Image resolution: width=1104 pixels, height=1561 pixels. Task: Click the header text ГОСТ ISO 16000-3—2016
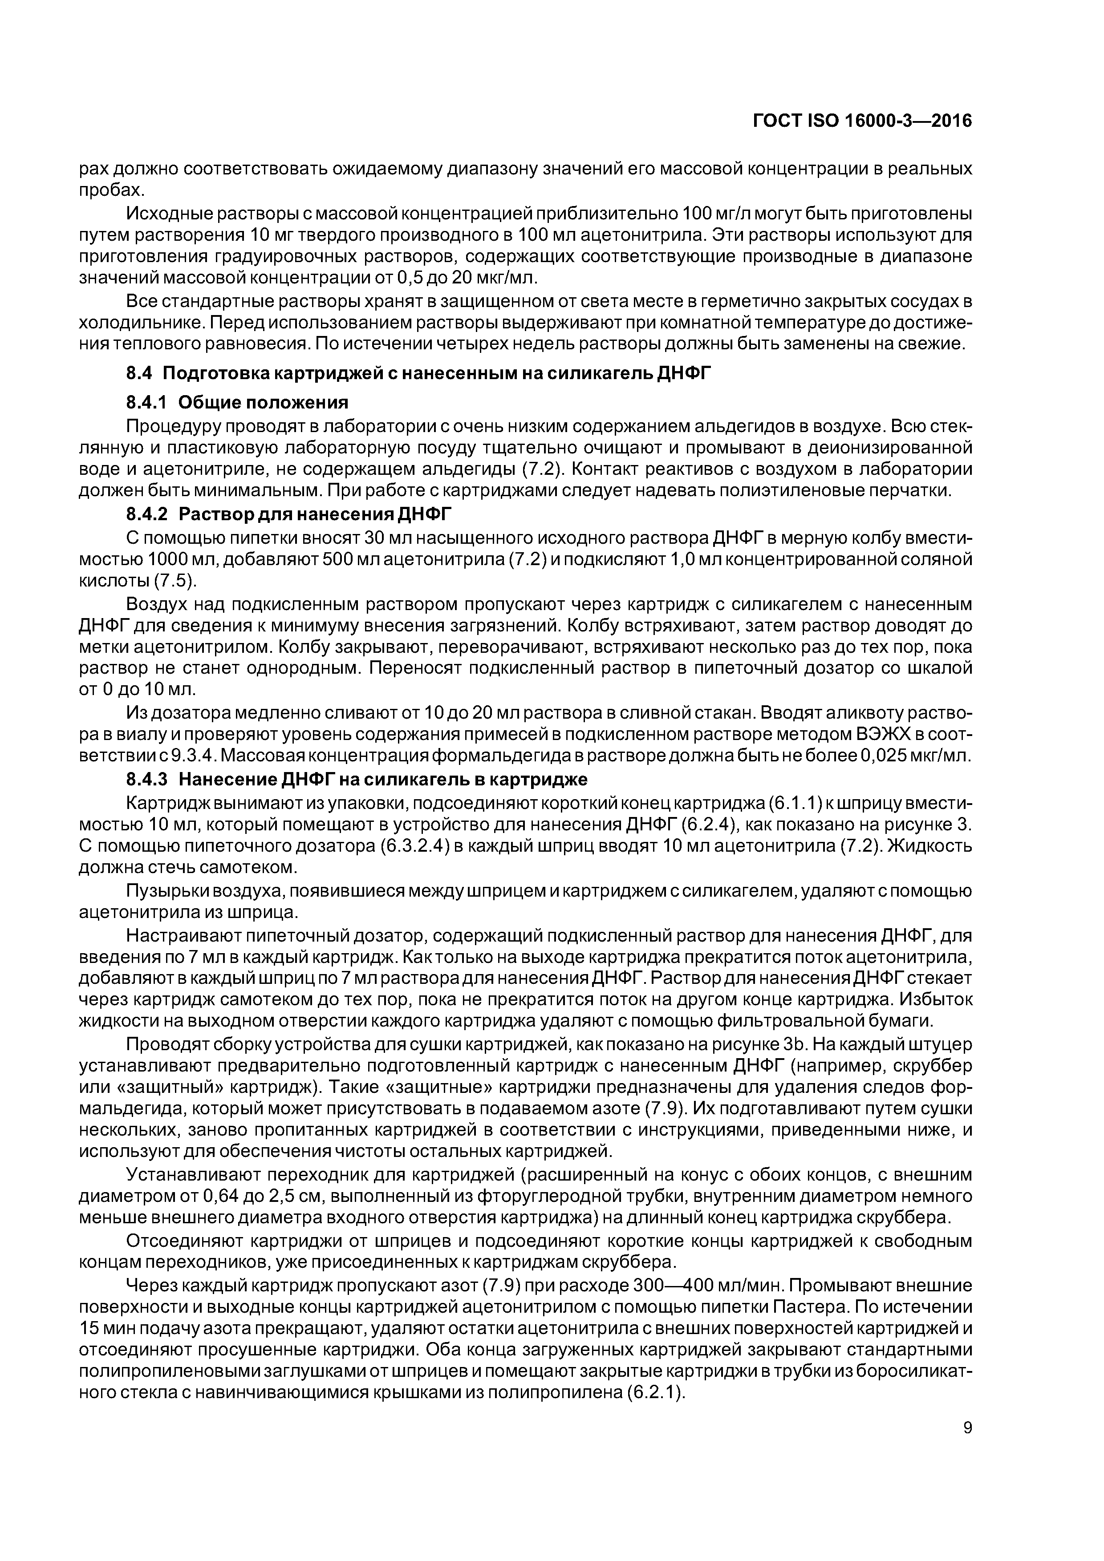(863, 121)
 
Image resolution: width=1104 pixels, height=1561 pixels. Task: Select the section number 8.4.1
(146, 403)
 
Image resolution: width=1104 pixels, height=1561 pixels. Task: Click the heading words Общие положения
(263, 403)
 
